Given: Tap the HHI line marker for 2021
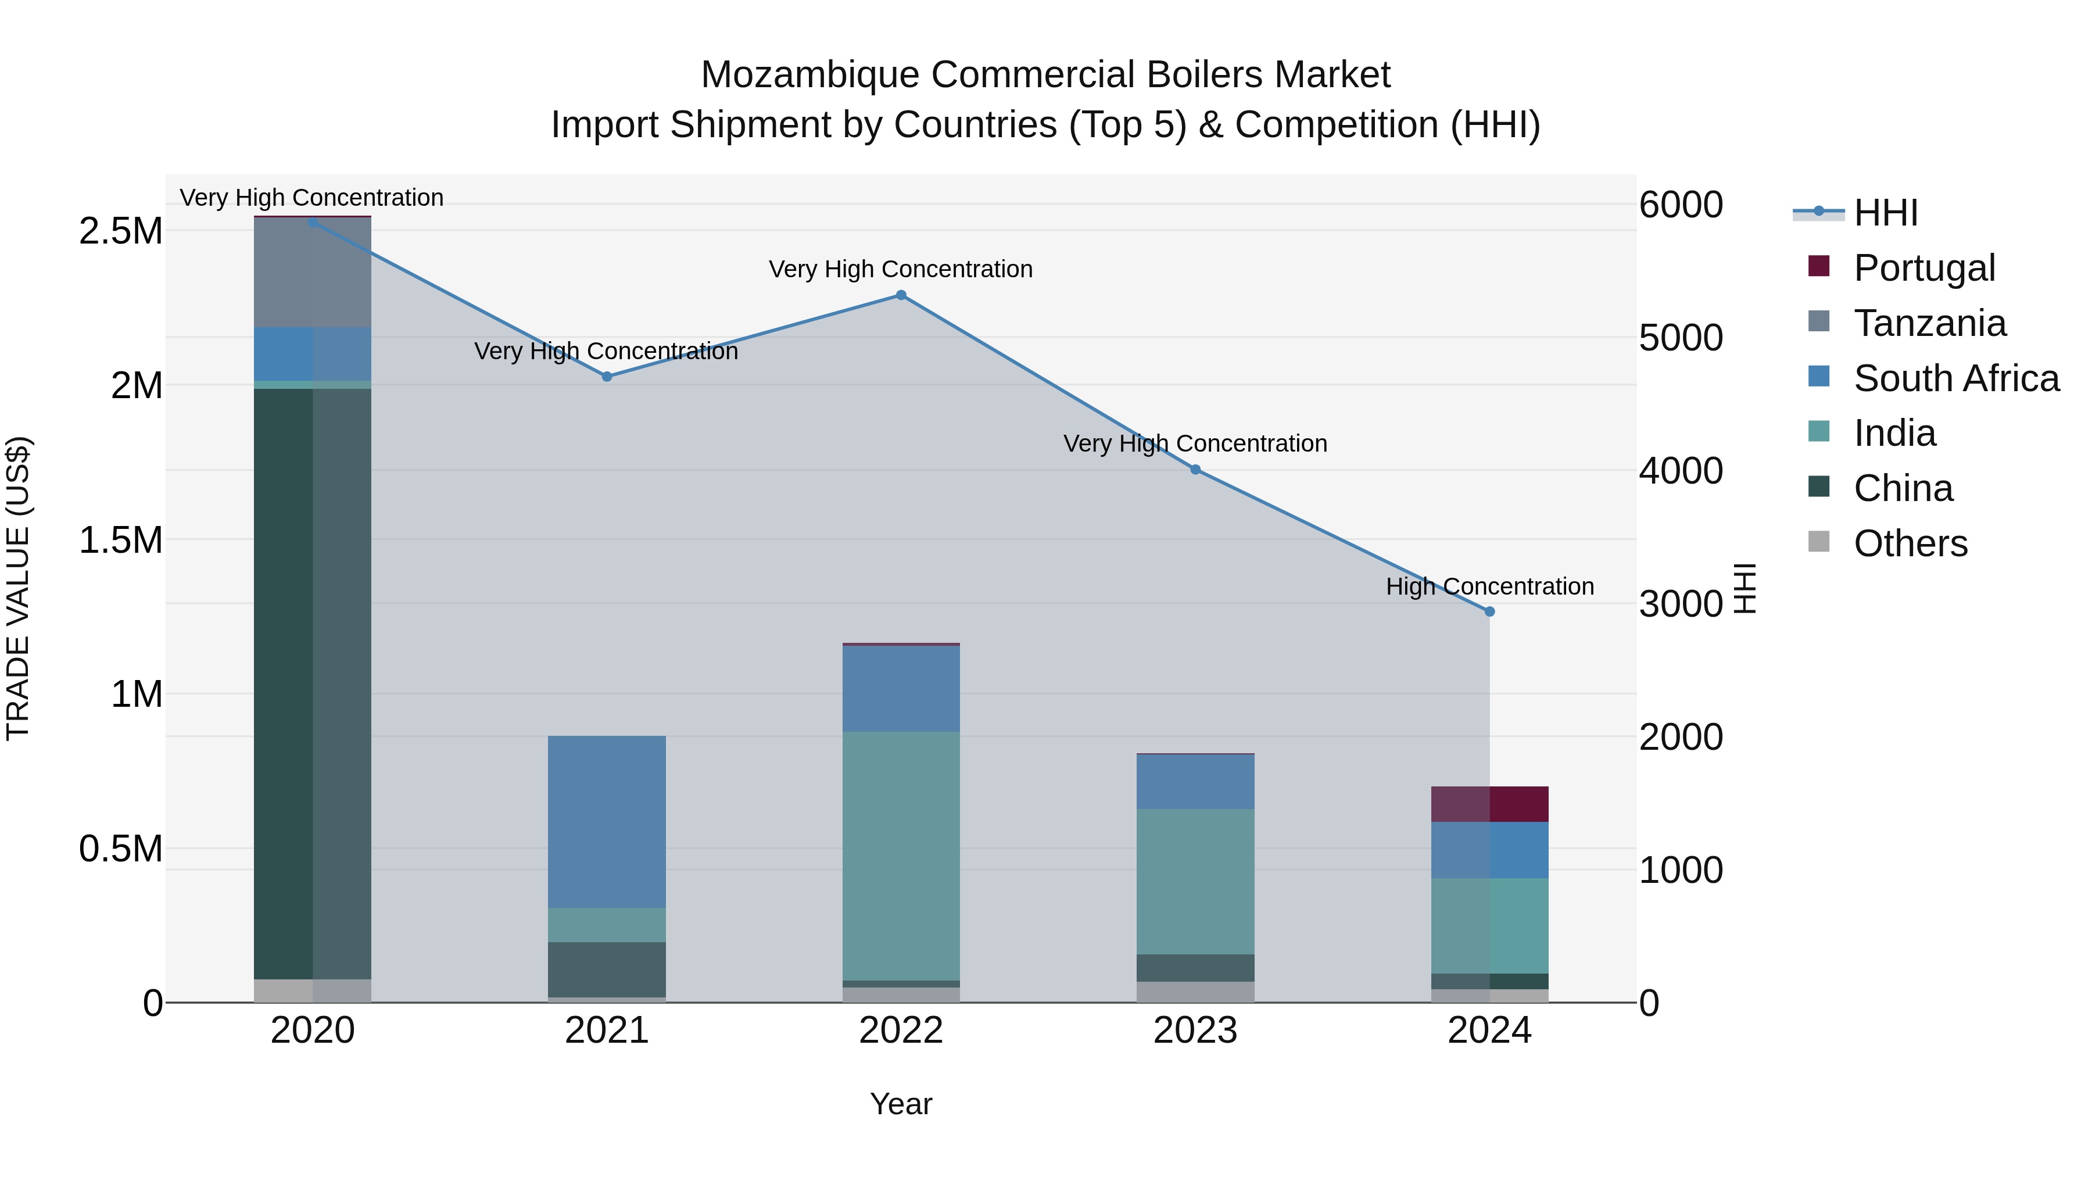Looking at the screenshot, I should click(607, 376).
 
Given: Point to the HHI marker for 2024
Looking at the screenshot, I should click(1489, 611).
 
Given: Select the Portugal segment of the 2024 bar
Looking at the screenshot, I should click(1489, 804).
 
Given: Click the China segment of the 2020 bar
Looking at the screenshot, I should click(313, 682).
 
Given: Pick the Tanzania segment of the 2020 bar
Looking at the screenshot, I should click(313, 272).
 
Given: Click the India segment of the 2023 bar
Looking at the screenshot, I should click(1195, 881).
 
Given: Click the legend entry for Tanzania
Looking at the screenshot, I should click(1929, 323).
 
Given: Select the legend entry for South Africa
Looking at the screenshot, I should click(1955, 378).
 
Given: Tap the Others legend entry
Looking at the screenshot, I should click(1910, 543).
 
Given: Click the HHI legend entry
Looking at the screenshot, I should click(1885, 213).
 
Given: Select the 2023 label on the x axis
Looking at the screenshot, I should click(1195, 1031).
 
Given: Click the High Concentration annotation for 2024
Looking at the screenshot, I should click(1489, 586).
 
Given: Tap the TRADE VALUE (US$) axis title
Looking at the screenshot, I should click(18, 588).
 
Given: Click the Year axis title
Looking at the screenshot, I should click(901, 1104).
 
